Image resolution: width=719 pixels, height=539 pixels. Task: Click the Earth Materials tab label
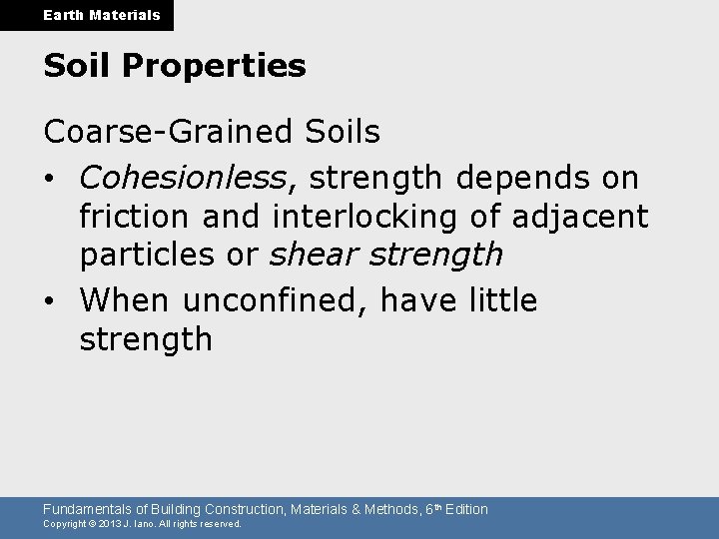87,15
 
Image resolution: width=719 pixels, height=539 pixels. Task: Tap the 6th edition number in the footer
429,509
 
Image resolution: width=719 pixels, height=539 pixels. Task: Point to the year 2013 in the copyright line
111,524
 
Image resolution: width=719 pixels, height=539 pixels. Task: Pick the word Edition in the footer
466,509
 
